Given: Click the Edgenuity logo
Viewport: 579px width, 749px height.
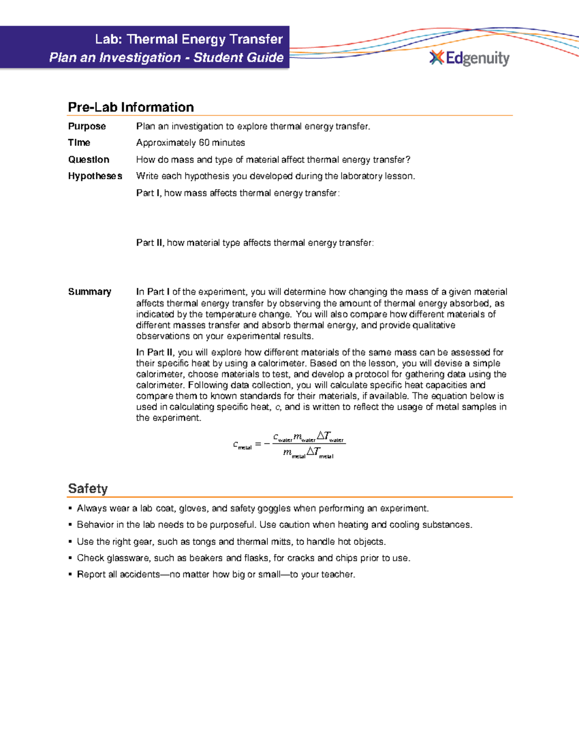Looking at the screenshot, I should click(x=469, y=58).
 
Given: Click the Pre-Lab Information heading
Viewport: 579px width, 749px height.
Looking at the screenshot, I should click(x=131, y=107).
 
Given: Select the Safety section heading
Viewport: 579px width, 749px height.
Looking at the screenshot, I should click(x=88, y=489).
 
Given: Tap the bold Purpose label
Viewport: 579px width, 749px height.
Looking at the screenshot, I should click(x=87, y=126).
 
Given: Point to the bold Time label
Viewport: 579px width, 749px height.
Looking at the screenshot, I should click(x=79, y=143).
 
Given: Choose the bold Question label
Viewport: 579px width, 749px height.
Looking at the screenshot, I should click(x=89, y=160).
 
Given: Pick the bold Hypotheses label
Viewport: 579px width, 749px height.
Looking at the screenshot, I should click(x=95, y=176).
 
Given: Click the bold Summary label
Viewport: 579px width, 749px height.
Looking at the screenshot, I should click(x=90, y=292).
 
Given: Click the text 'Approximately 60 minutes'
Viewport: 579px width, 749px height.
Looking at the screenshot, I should click(x=191, y=143).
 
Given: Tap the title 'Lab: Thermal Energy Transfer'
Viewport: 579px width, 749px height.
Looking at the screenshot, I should click(x=189, y=39).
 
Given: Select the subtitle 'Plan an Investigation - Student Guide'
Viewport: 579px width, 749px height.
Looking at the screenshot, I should click(x=166, y=58).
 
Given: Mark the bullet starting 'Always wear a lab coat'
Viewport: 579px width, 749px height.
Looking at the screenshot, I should click(x=252, y=508).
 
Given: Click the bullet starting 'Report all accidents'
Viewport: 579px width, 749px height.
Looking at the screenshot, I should click(x=216, y=574).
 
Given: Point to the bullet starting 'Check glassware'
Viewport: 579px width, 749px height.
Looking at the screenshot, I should click(x=243, y=558).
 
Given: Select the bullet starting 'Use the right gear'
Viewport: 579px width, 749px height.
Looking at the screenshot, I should click(x=231, y=542).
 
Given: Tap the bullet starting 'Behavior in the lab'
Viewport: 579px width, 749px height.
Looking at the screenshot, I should click(x=274, y=525).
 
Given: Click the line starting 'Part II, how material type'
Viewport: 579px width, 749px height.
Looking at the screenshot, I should click(x=255, y=243).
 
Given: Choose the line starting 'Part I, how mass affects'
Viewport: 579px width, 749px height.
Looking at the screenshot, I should click(x=238, y=193).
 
